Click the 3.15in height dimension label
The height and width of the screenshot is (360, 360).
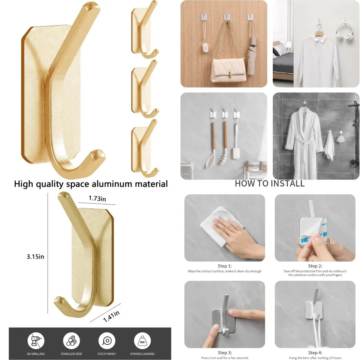[x=36, y=257]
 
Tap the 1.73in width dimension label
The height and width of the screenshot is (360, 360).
[x=97, y=199]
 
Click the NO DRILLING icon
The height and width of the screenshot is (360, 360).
[x=36, y=341]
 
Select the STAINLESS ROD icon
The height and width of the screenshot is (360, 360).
[x=71, y=341]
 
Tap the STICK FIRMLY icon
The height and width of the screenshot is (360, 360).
[x=107, y=341]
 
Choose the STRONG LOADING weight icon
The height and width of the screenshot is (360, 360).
[x=142, y=341]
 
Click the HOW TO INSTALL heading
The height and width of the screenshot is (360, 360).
[x=269, y=184]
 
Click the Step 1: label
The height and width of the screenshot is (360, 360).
[x=224, y=266]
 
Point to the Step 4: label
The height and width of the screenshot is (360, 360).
[x=315, y=352]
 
